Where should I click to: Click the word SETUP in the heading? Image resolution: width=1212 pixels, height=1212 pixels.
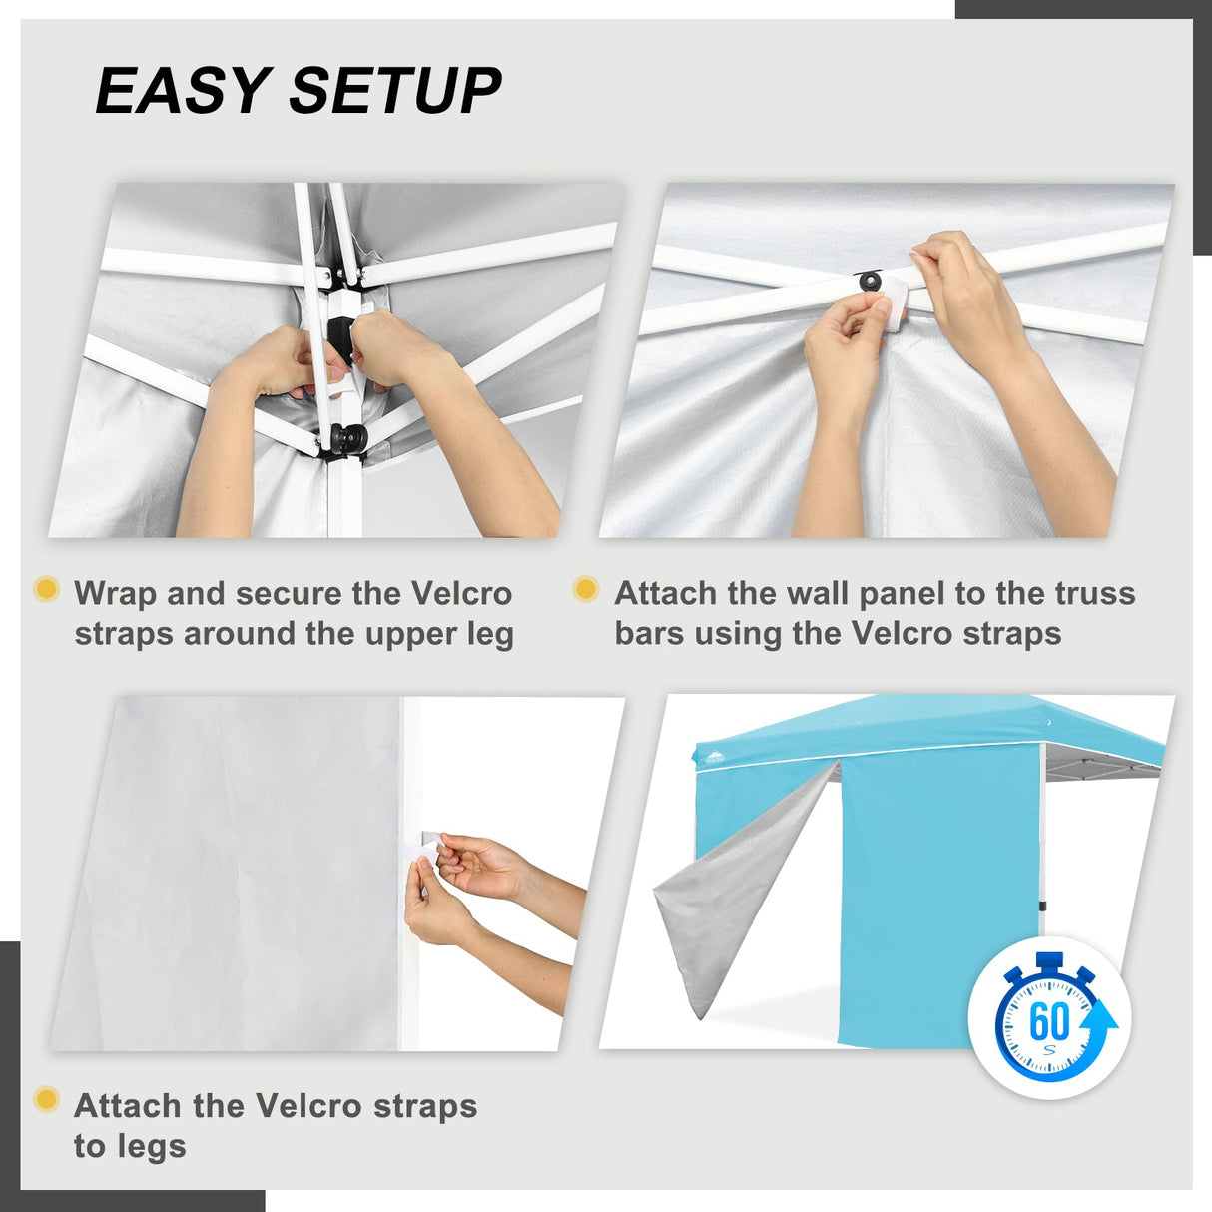pyautogui.click(x=395, y=90)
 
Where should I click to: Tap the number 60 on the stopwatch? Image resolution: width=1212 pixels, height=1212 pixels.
pyautogui.click(x=1049, y=1022)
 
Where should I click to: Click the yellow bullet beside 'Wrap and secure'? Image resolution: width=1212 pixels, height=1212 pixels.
pyautogui.click(x=47, y=589)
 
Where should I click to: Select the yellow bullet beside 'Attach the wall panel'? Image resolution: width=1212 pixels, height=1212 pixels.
pyautogui.click(x=586, y=589)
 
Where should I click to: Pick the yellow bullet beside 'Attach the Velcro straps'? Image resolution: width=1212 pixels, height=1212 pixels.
pyautogui.click(x=47, y=1099)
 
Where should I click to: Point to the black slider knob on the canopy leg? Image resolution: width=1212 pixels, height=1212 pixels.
pyautogui.click(x=348, y=437)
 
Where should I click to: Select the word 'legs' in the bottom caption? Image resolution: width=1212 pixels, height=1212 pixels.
pyautogui.click(x=130, y=1146)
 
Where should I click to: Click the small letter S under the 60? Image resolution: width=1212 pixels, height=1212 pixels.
pyautogui.click(x=1049, y=1049)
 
